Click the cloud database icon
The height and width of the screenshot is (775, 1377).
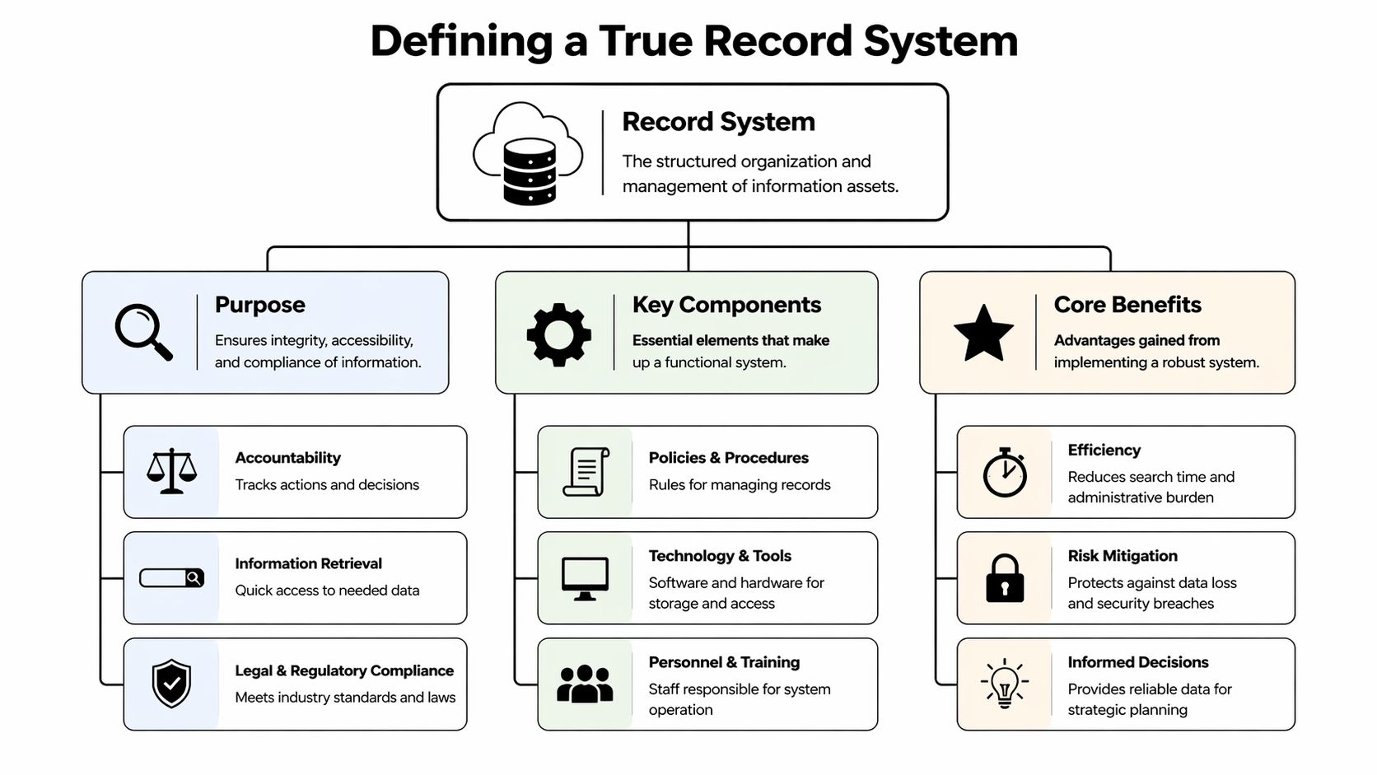click(x=528, y=154)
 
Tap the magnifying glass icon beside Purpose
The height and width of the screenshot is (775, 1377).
click(x=143, y=332)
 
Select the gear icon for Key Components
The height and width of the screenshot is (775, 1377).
click(x=558, y=334)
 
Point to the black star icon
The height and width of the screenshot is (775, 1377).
click(x=983, y=334)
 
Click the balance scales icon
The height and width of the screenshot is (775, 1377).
click(x=171, y=471)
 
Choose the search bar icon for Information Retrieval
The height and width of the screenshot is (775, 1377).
click(x=171, y=578)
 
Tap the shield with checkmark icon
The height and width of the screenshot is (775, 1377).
click(x=171, y=683)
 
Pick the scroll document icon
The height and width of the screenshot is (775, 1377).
click(x=586, y=472)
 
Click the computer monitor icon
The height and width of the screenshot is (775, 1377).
click(x=585, y=578)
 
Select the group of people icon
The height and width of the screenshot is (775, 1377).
click(x=585, y=684)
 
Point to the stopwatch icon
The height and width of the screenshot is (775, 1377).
click(x=1005, y=473)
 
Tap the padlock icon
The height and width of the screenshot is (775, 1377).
click(x=1005, y=578)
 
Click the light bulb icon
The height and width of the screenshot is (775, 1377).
click(x=1005, y=683)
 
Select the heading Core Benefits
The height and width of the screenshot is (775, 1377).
click(x=1127, y=305)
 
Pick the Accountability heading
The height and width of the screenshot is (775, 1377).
click(x=287, y=458)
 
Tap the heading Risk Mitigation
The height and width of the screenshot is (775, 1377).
click(x=1123, y=556)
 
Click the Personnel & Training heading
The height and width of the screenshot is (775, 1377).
click(x=724, y=662)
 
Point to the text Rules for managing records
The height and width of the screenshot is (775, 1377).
click(x=740, y=485)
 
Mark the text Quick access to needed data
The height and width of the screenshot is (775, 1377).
click(x=327, y=591)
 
